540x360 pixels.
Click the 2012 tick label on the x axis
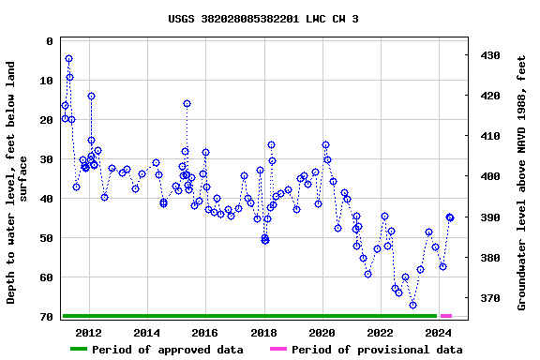point(88,333)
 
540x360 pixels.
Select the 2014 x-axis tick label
point(147,333)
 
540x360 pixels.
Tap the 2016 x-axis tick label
point(205,333)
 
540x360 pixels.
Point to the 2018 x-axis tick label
point(263,333)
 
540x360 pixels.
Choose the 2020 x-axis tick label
point(322,333)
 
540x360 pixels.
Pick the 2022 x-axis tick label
point(380,333)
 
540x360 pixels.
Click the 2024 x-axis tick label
point(438,333)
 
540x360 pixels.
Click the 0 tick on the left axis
point(50,41)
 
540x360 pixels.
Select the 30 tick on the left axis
point(46,159)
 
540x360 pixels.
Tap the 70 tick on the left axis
point(46,317)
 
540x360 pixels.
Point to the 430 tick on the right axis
point(491,55)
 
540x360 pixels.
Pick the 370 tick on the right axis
point(491,298)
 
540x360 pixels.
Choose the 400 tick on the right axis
point(491,176)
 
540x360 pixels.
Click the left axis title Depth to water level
point(18,183)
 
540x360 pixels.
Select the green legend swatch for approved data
point(79,350)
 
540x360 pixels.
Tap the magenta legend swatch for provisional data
point(278,350)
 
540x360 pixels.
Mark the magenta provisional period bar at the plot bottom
point(446,316)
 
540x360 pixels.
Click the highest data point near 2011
point(68,58)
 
